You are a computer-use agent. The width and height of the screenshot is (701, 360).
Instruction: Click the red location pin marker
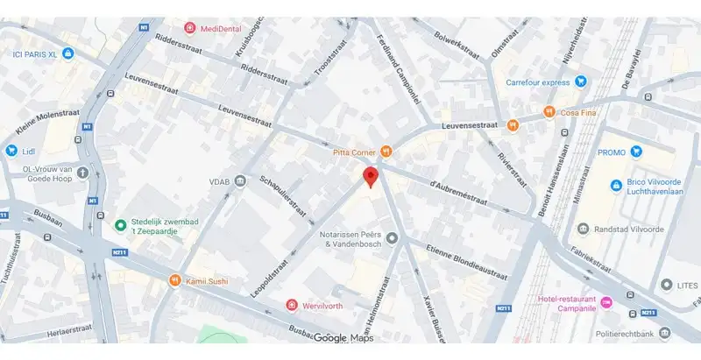click(371, 175)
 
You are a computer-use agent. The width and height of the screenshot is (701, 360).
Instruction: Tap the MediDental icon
click(190, 29)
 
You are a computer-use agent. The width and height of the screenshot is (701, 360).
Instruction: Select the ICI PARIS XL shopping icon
click(68, 54)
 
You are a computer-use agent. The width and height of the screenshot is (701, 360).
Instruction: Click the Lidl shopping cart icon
click(11, 151)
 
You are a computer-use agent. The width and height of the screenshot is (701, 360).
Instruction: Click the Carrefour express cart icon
click(579, 83)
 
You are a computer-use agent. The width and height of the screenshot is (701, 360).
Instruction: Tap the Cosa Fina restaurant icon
click(549, 111)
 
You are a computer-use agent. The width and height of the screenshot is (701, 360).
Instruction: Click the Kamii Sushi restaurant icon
click(175, 280)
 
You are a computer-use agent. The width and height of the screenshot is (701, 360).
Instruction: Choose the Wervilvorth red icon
click(292, 305)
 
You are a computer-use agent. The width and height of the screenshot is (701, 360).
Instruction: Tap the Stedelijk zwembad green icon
click(121, 226)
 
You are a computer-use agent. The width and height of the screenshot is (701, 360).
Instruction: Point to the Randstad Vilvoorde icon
click(583, 229)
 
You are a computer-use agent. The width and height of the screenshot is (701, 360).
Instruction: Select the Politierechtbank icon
click(665, 333)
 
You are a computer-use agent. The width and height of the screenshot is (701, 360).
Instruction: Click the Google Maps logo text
click(343, 338)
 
